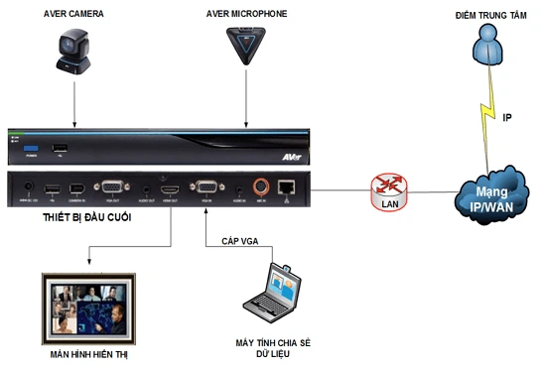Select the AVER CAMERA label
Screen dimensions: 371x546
coord(74,12)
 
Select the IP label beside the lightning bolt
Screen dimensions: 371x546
coord(507,118)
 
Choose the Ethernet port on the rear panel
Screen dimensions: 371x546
coord(287,185)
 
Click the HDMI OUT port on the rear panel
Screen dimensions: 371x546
coord(171,186)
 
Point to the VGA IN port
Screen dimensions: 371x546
coord(206,185)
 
